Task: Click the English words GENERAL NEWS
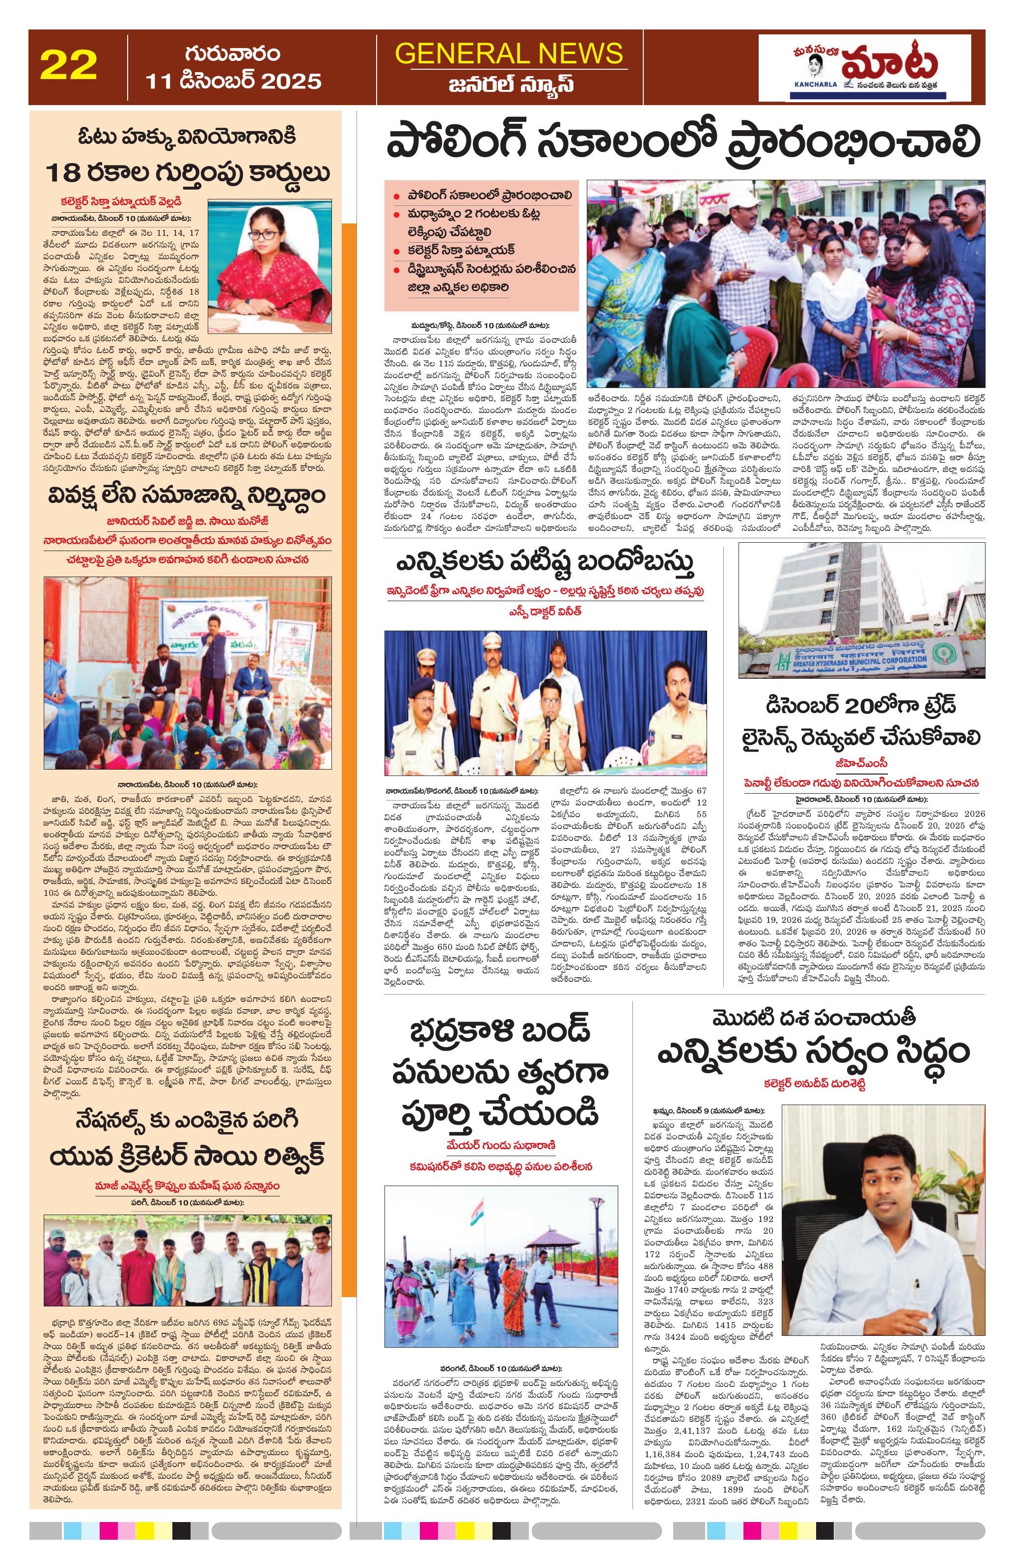click(x=508, y=54)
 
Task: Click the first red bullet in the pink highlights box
click(x=396, y=195)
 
